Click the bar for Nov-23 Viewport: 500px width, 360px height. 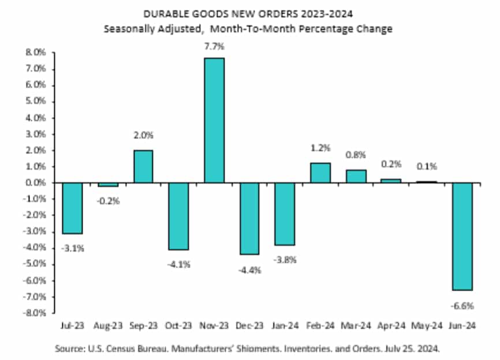click(214, 120)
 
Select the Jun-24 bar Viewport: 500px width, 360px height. click(462, 236)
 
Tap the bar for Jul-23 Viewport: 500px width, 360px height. click(72, 208)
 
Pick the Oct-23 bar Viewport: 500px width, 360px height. click(178, 216)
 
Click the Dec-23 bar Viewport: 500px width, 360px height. click(249, 218)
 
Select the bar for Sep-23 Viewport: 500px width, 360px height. click(143, 166)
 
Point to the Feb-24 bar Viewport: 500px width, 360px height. click(320, 172)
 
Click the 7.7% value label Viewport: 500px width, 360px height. click(214, 47)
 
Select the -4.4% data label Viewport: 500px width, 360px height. click(249, 269)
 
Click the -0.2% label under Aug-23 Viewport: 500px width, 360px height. click(107, 202)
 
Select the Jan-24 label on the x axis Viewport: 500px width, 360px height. click(285, 327)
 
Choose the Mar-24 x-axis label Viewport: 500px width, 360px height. click(356, 327)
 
